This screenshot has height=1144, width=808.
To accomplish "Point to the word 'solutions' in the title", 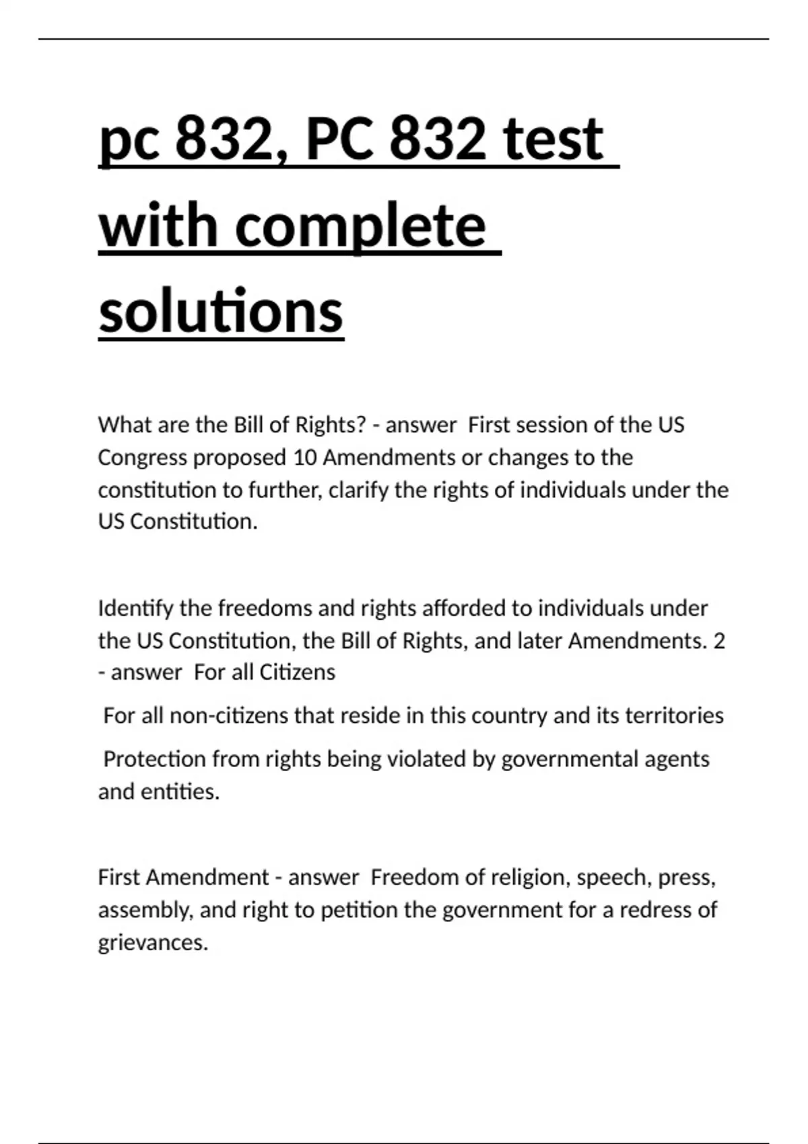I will (x=221, y=311).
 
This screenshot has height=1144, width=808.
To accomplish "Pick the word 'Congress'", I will (x=142, y=458).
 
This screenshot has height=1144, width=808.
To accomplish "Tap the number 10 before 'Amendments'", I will (x=305, y=458).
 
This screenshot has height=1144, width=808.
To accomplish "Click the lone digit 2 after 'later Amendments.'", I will (x=719, y=641).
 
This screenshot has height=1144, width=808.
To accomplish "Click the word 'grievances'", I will (x=153, y=942).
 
